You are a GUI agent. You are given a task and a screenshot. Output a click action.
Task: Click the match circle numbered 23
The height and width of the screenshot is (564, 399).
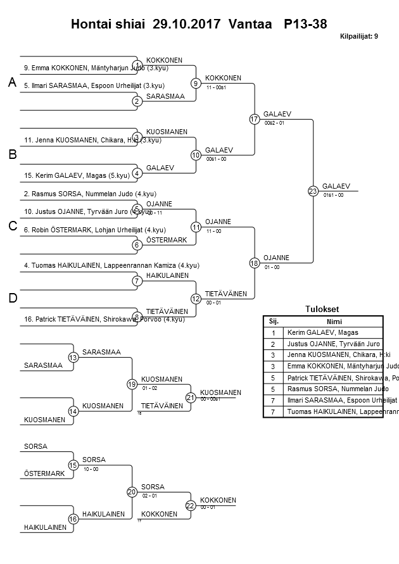pos(313,191)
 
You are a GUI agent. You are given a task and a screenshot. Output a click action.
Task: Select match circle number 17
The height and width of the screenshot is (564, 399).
pos(255,119)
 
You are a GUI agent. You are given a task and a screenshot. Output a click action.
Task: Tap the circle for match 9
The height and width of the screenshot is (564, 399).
pos(196,83)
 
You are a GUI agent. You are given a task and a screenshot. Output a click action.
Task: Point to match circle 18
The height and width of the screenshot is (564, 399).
pos(255,263)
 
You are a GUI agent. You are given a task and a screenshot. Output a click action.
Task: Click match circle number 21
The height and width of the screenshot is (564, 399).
pos(191,398)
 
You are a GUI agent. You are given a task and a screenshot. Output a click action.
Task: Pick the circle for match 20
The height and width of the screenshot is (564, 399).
pos(132,492)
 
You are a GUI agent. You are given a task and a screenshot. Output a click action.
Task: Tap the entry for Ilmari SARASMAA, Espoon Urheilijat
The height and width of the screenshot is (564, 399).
pos(94,85)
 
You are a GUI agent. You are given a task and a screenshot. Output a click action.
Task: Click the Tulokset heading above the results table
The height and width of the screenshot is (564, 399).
pos(322,310)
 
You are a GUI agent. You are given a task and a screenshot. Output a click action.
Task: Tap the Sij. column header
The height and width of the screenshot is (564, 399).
pos(274,321)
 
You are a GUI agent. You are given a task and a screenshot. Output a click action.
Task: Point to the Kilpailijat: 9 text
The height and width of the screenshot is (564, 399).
pos(359,36)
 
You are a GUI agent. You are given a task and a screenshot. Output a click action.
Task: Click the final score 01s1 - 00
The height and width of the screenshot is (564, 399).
pos(333,195)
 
